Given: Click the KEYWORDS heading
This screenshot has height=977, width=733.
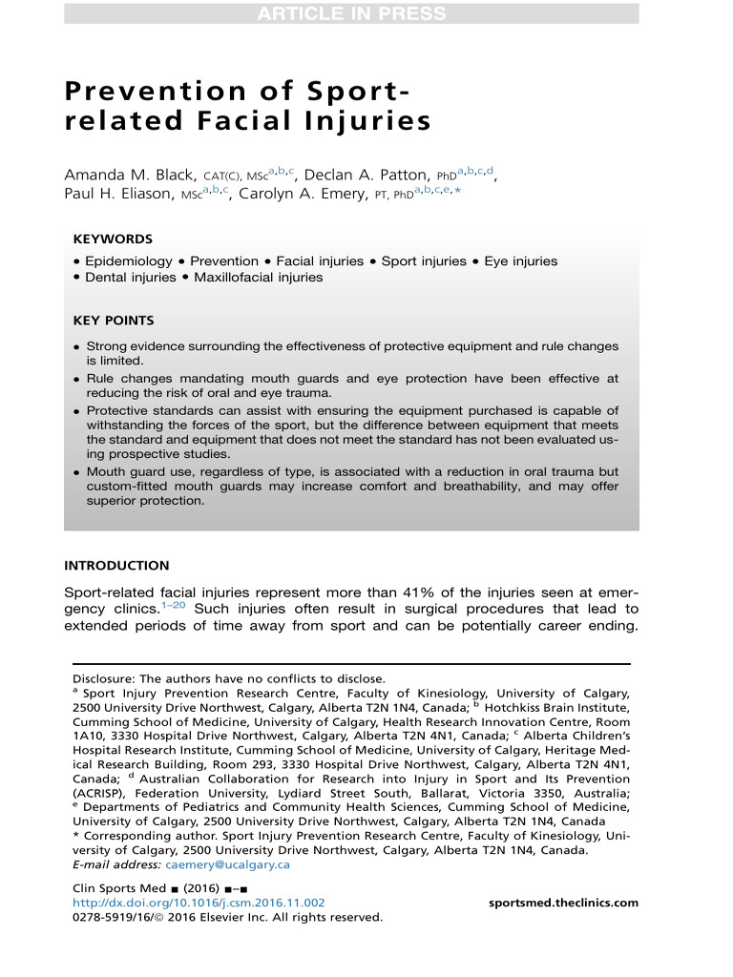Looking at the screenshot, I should pyautogui.click(x=113, y=239).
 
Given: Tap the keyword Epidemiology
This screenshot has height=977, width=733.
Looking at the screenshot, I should pyautogui.click(x=129, y=260).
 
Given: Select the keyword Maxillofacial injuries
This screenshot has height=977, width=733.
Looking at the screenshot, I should pyautogui.click(x=259, y=278).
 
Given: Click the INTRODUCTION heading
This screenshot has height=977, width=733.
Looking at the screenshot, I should pyautogui.click(x=116, y=566).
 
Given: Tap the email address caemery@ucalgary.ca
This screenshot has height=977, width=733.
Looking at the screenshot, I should pyautogui.click(x=227, y=864).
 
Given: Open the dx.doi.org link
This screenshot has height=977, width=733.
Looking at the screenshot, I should pyautogui.click(x=199, y=903).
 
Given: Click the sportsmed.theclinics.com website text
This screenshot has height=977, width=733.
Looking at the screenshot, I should pyautogui.click(x=563, y=903).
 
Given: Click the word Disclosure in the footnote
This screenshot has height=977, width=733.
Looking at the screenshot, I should pyautogui.click(x=103, y=678).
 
